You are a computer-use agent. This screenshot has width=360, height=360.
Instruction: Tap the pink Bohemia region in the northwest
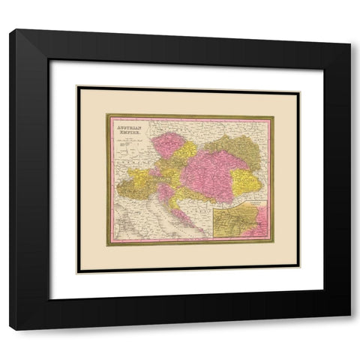[169, 145]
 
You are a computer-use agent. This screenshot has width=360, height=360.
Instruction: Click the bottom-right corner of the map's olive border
[273, 243]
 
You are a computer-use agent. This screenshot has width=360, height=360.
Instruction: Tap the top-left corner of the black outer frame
[10, 30]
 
